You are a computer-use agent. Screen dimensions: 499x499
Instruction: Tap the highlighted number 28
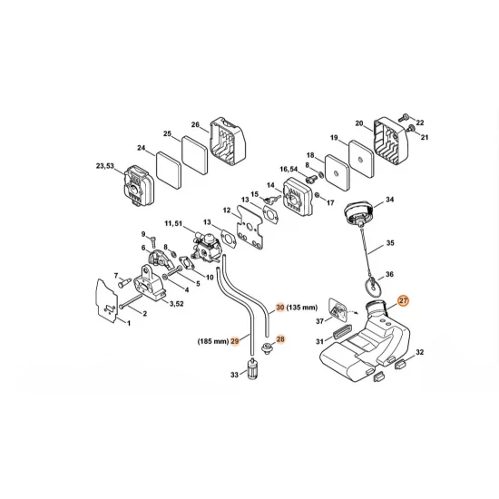[280, 338]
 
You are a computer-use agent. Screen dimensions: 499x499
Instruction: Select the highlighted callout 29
[235, 341]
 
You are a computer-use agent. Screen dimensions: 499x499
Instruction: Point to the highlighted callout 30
[280, 308]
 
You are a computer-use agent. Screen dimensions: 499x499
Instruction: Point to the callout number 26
[195, 124]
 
